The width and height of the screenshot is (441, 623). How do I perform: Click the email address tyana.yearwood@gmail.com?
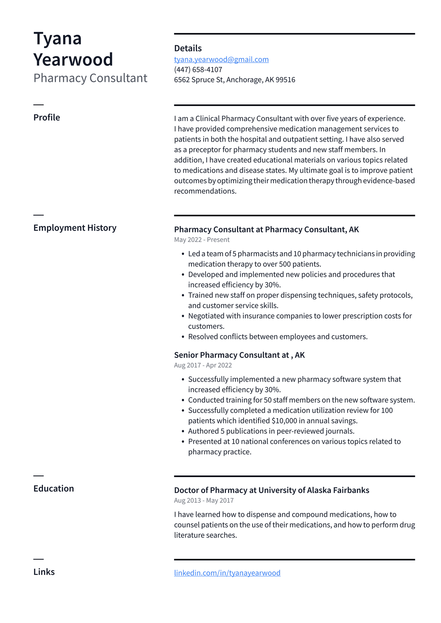point(221,59)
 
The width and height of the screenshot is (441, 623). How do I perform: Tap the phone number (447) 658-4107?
point(198,70)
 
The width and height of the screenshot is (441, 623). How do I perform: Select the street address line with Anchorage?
point(234,80)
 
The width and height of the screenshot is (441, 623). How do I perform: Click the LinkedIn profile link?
point(227,573)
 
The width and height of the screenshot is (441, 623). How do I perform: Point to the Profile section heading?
point(47,117)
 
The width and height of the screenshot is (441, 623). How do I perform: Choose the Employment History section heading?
point(75,228)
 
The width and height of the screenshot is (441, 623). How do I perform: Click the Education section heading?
point(54,488)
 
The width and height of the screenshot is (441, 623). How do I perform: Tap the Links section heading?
point(44,572)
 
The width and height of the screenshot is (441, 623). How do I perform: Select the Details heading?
point(188,48)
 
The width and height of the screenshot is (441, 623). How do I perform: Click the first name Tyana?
point(57,38)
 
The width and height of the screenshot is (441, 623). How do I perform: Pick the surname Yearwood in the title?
point(73,59)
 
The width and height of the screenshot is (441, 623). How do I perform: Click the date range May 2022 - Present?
point(201,240)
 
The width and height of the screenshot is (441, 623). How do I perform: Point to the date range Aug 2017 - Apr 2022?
point(203,365)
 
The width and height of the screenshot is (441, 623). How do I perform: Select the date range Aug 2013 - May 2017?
point(204,500)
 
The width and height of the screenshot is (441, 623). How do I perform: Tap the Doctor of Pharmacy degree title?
point(271,490)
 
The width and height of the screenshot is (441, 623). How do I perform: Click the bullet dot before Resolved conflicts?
point(183,337)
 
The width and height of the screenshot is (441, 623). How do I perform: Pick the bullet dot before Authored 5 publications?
point(183,431)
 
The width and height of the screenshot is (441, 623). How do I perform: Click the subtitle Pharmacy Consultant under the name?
point(90,78)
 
